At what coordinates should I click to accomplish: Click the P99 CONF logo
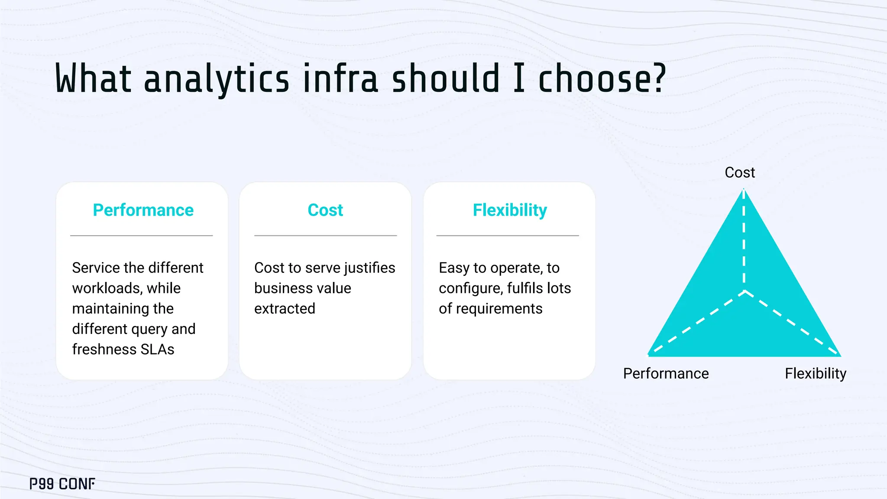[x=62, y=484]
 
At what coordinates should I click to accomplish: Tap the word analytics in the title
[x=216, y=79]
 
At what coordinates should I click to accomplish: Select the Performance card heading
[x=143, y=210]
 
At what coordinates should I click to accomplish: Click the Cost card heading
[x=325, y=210]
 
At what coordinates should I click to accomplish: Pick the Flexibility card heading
[x=509, y=210]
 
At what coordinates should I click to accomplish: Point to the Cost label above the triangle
[x=739, y=172]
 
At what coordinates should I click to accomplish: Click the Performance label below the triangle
[x=666, y=373]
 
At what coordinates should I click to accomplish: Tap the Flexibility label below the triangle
[x=815, y=373]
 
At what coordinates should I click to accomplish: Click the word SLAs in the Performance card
[x=157, y=349]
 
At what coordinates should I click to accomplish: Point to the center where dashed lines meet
[x=745, y=291]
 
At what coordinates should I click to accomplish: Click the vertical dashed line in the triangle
[x=744, y=243]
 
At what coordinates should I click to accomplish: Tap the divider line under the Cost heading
[x=325, y=236]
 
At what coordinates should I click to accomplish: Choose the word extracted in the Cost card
[x=285, y=308]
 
